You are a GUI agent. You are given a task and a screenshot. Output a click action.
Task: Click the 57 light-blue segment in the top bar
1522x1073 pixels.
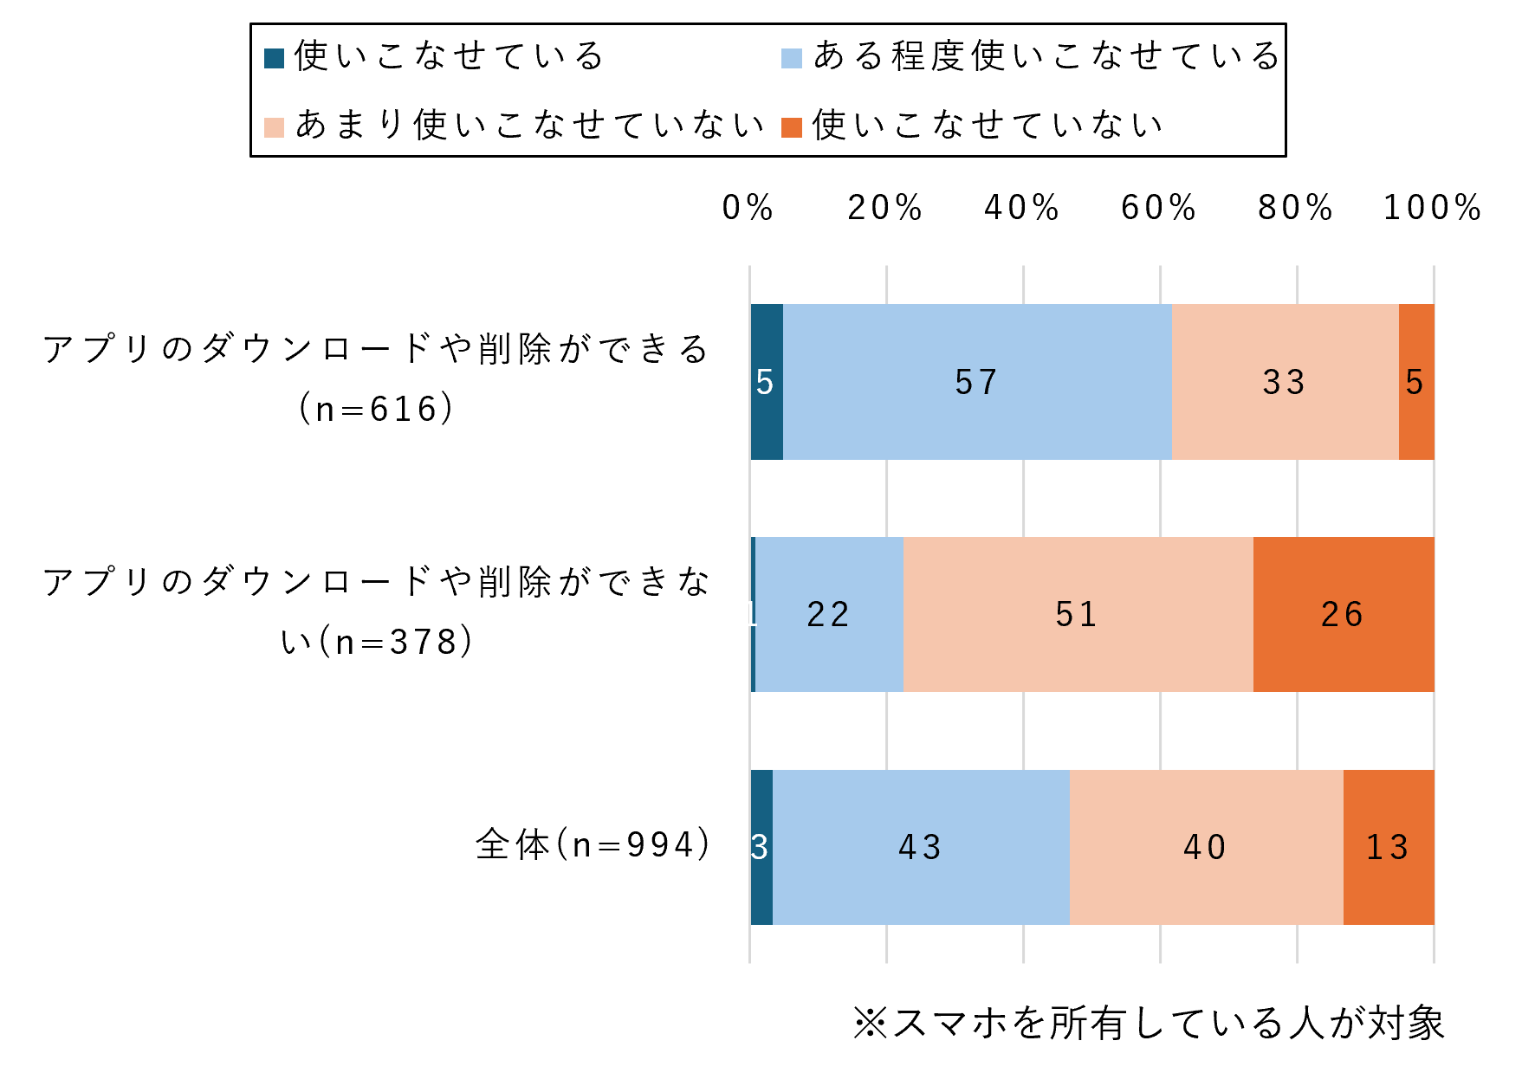tap(977, 382)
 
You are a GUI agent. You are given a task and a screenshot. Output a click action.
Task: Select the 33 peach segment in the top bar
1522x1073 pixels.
tap(1285, 382)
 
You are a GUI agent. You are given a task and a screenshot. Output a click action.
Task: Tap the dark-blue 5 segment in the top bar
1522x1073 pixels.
tap(767, 382)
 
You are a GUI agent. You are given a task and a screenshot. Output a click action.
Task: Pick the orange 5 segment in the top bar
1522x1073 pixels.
tap(1416, 382)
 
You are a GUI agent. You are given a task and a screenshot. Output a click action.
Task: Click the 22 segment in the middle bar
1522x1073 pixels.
tap(829, 614)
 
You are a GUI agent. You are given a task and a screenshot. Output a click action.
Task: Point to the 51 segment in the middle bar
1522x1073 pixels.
tap(1078, 614)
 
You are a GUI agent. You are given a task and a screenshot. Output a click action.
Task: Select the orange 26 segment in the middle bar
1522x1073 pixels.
tap(1344, 614)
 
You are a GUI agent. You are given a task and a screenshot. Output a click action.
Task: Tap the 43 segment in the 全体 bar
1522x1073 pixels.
tap(921, 846)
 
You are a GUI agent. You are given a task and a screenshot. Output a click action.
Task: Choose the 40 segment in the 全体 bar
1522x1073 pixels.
tap(1206, 846)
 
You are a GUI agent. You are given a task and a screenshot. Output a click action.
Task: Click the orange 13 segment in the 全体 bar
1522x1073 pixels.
tap(1389, 846)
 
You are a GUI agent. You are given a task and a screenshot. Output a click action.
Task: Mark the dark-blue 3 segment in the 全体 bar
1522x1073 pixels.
tap(761, 846)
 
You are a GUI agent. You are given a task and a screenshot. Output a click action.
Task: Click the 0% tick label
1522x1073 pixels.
tap(748, 208)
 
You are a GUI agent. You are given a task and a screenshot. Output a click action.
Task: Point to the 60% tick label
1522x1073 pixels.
tap(1159, 208)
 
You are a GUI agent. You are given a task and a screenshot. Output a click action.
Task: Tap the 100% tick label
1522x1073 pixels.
tap(1433, 208)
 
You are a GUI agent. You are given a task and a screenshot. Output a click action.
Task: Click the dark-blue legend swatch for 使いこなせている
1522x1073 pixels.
tap(275, 58)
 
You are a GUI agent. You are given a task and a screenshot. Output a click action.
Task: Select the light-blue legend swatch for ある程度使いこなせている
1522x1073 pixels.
tap(792, 58)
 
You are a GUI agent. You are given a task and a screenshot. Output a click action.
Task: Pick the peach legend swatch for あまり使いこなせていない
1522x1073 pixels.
tap(275, 127)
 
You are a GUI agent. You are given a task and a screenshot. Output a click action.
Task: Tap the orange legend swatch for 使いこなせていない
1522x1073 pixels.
tap(792, 127)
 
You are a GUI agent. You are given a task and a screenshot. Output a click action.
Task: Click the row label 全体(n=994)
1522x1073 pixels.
tap(593, 844)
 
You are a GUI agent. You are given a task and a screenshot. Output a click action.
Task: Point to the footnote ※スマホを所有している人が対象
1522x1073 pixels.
tap(1149, 1023)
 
